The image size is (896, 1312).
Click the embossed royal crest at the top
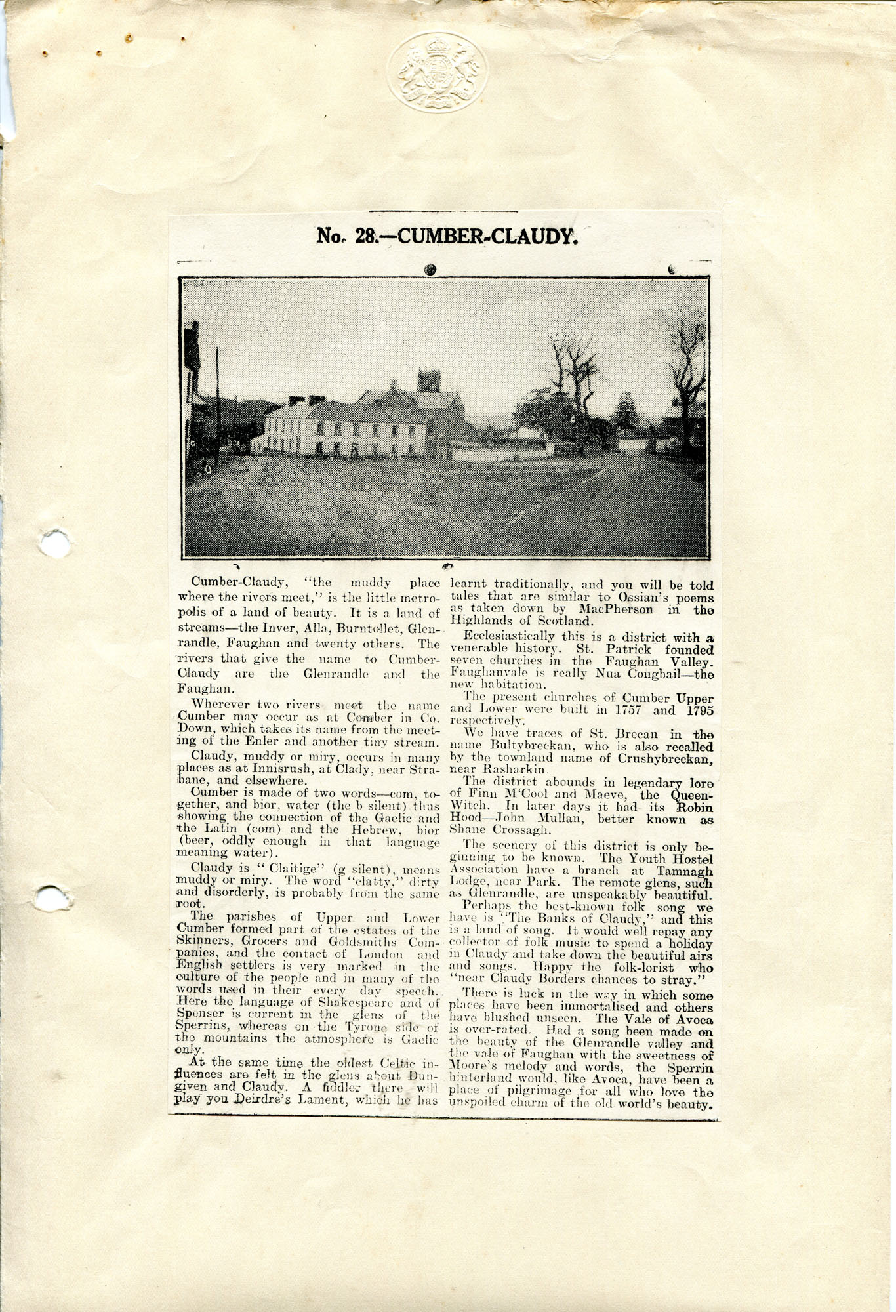click(x=438, y=72)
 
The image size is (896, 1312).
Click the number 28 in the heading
click(x=365, y=236)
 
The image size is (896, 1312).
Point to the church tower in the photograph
click(x=428, y=381)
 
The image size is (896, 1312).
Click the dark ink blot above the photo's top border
click(x=430, y=269)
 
